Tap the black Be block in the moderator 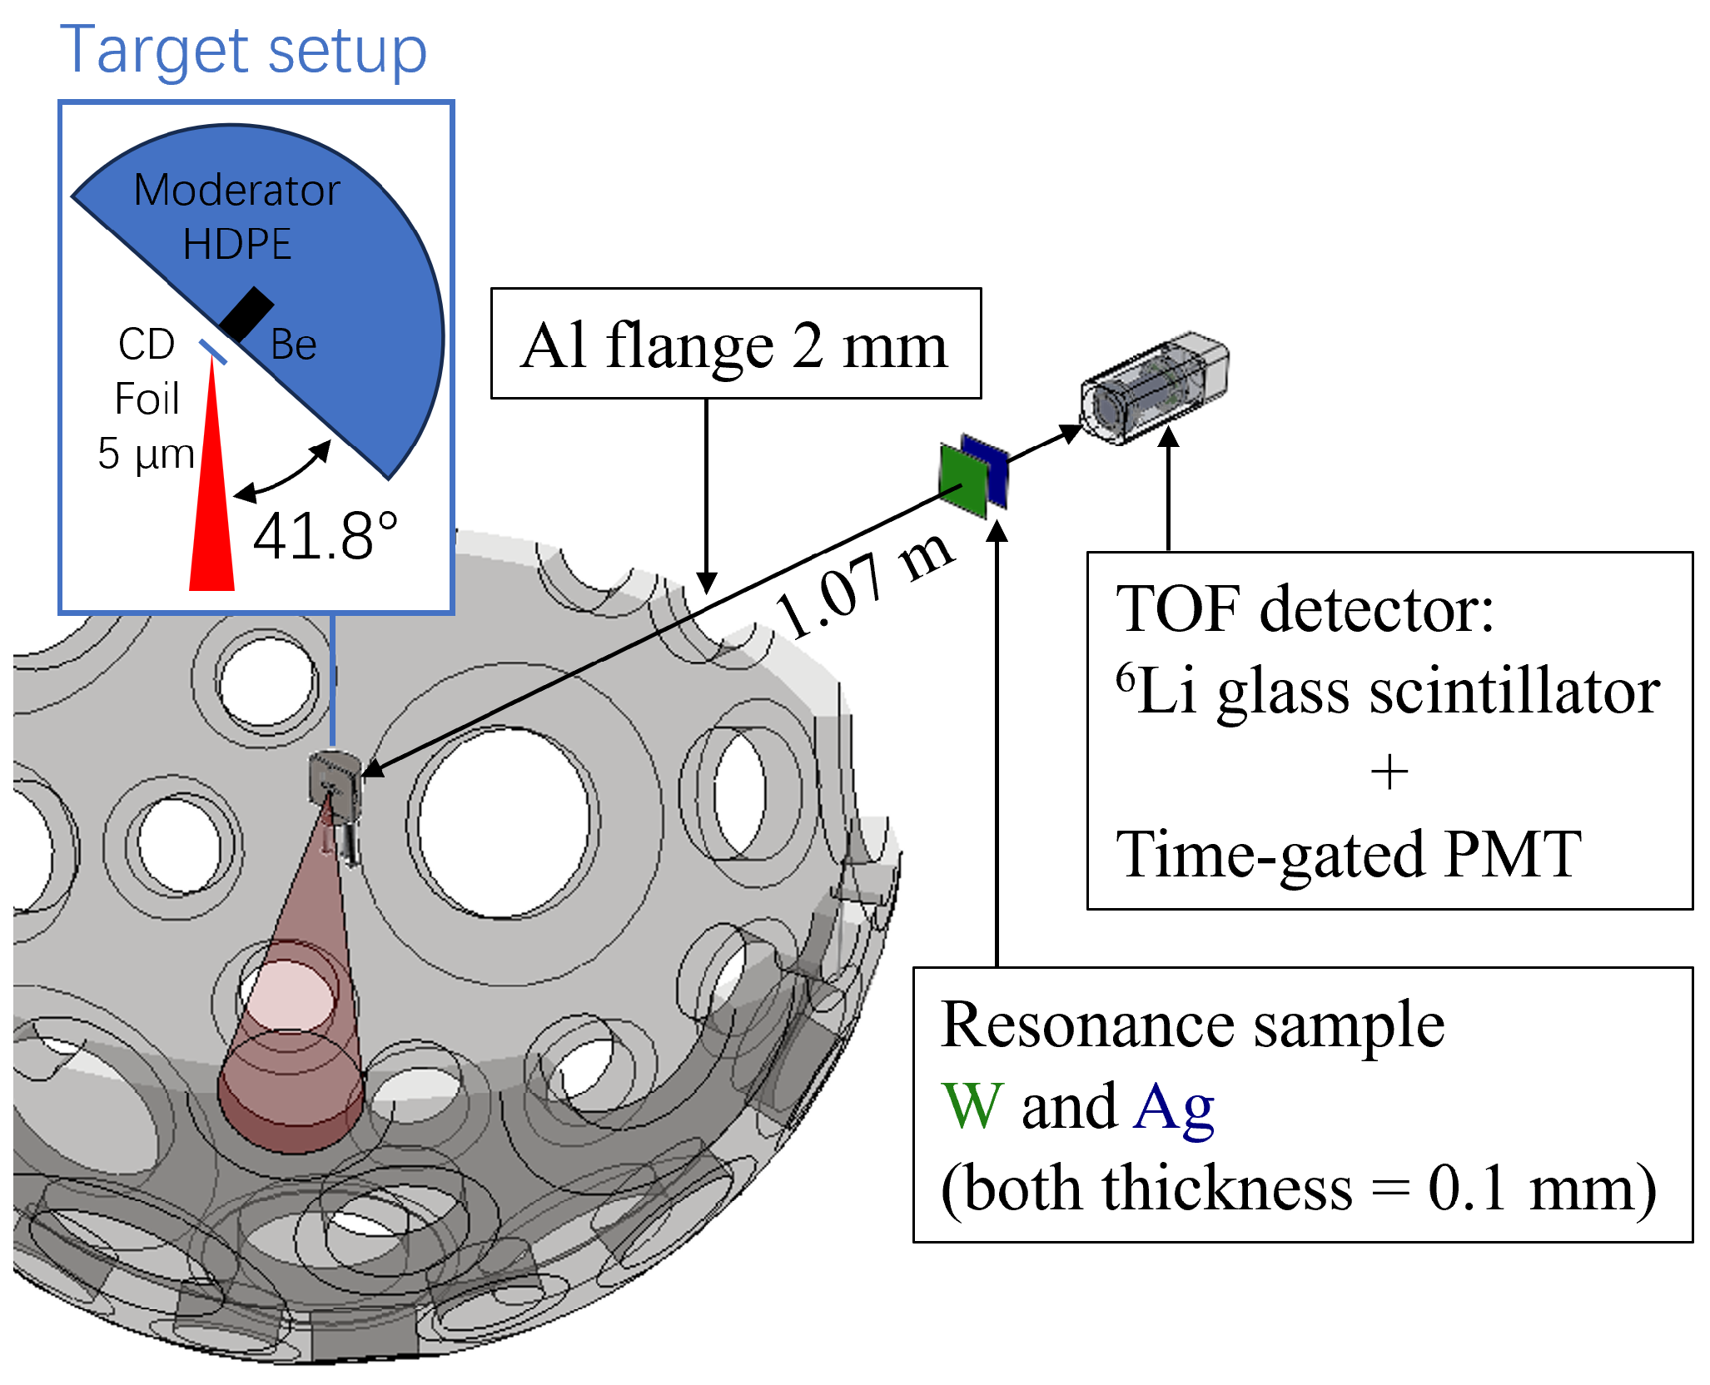[246, 314]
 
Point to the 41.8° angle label [325, 537]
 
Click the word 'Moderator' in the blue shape [237, 191]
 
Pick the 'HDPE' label [237, 245]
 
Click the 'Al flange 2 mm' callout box [735, 344]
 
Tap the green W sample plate [962, 481]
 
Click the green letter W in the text [972, 1107]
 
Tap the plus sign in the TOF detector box [1389, 772]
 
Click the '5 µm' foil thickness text [146, 454]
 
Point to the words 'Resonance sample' [1192, 1025]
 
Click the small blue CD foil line [213, 351]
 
